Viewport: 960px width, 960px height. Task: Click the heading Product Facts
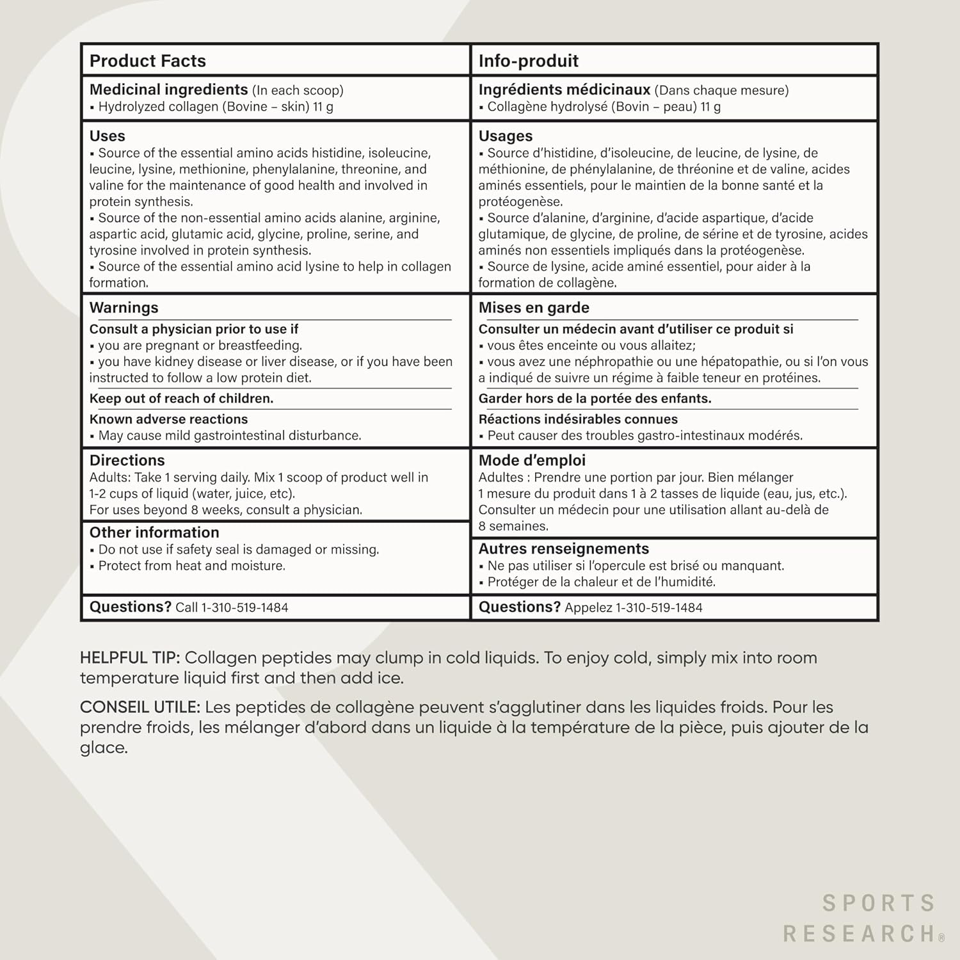(148, 61)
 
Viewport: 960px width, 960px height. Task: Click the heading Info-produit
(529, 61)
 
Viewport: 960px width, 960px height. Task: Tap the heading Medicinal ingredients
(168, 90)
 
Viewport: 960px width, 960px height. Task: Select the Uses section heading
(108, 136)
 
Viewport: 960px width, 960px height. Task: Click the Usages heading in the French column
(506, 136)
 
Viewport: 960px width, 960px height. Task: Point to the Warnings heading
(124, 307)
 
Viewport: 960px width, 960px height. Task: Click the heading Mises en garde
(534, 307)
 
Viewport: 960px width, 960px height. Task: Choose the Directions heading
(127, 460)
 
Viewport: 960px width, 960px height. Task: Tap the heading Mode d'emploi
(532, 460)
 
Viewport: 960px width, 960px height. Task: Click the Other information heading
(154, 532)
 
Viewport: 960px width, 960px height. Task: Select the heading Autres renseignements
(564, 548)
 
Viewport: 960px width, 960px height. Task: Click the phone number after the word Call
(245, 607)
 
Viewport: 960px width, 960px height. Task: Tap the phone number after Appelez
(659, 607)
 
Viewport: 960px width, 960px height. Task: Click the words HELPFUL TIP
(130, 658)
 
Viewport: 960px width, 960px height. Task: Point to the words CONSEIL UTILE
(140, 707)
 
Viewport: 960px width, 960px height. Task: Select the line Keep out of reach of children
(181, 398)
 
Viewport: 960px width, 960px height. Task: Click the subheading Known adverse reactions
(168, 419)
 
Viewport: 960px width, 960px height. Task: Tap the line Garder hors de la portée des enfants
(595, 398)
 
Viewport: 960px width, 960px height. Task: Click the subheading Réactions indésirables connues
(578, 419)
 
